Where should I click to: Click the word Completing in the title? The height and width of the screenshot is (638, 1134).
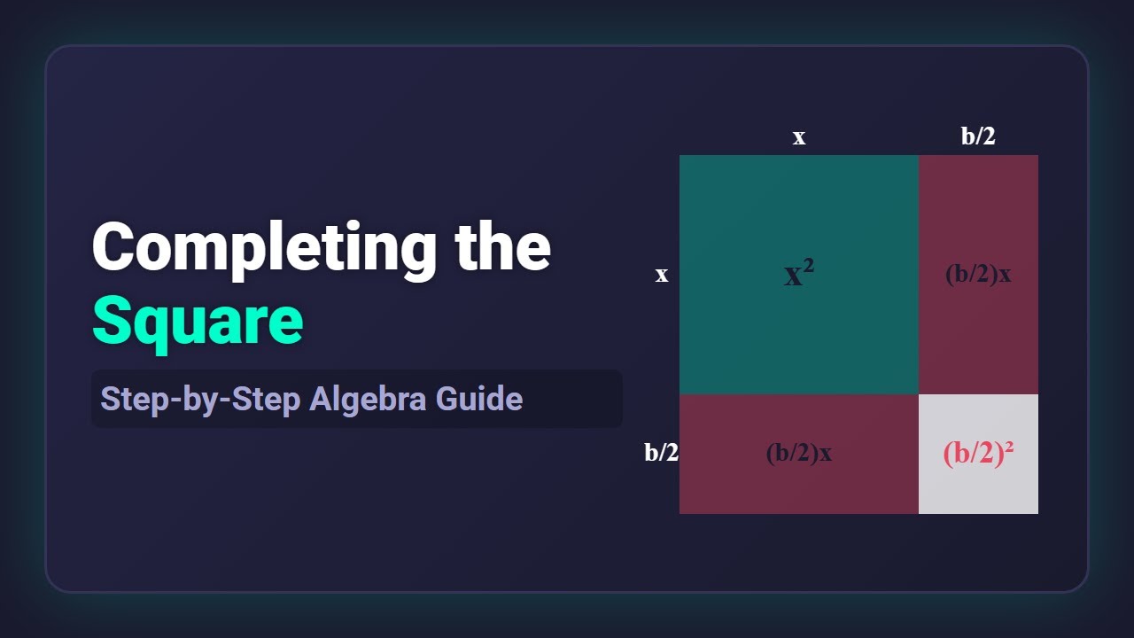(264, 247)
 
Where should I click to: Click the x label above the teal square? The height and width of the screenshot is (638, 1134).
(799, 137)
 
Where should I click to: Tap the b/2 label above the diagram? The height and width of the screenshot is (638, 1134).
(978, 136)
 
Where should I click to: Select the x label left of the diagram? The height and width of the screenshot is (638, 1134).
(661, 275)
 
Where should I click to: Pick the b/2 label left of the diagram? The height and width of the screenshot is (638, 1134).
(661, 453)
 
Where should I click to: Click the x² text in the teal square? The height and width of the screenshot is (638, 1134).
(799, 275)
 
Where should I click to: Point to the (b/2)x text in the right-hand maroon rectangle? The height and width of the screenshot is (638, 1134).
(978, 274)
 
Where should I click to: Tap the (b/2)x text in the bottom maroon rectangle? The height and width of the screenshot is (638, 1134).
(798, 453)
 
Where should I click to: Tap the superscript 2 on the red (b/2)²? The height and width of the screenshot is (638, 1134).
(1007, 447)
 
